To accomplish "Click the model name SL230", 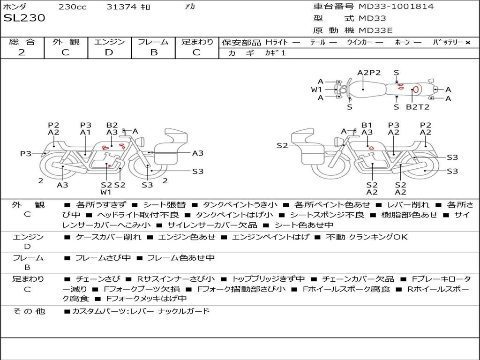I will (24, 18).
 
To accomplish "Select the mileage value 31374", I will (121, 7).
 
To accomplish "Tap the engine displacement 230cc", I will (72, 7).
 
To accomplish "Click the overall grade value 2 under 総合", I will (22, 52).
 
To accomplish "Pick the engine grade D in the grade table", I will (109, 52).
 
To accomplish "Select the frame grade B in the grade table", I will (154, 52).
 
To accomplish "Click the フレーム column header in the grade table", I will (153, 42).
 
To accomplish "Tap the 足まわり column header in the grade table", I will (197, 42).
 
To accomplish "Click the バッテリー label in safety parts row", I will (448, 43).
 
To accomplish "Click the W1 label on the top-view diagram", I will (317, 90).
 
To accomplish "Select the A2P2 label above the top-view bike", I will (369, 73).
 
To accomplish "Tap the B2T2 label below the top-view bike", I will (417, 107).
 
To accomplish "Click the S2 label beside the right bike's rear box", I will (282, 146).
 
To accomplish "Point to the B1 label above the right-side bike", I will (367, 125).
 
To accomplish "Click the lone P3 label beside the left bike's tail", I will (25, 153).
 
